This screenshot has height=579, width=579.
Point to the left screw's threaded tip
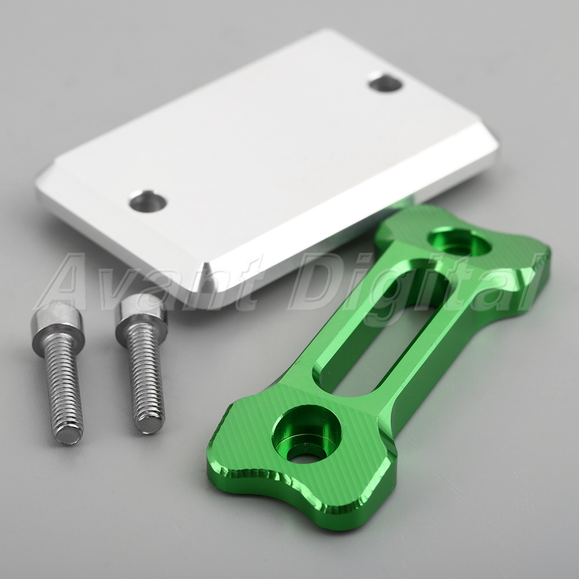[x=69, y=434]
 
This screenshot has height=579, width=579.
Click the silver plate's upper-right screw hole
[x=386, y=83]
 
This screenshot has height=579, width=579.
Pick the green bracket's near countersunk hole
[x=306, y=434]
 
